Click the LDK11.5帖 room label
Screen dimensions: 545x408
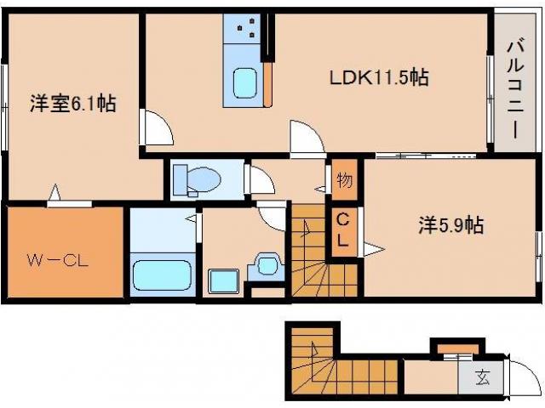click(379, 77)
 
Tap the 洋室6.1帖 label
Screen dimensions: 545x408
click(72, 103)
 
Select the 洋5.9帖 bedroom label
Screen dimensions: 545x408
click(450, 224)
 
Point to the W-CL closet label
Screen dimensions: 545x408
click(57, 261)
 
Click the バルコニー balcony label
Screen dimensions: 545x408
click(514, 90)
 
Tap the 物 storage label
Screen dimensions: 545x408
click(344, 180)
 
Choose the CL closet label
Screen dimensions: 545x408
click(343, 229)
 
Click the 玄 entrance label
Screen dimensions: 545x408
click(482, 377)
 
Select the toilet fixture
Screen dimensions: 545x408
click(197, 179)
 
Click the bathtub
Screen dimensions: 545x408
click(163, 275)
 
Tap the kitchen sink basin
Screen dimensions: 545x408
click(245, 83)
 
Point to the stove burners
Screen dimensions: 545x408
click(246, 27)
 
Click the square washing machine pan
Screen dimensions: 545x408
click(224, 281)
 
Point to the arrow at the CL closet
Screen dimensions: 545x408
click(374, 249)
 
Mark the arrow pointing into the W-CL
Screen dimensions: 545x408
click(54, 192)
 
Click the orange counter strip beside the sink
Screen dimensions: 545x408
click(267, 85)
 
